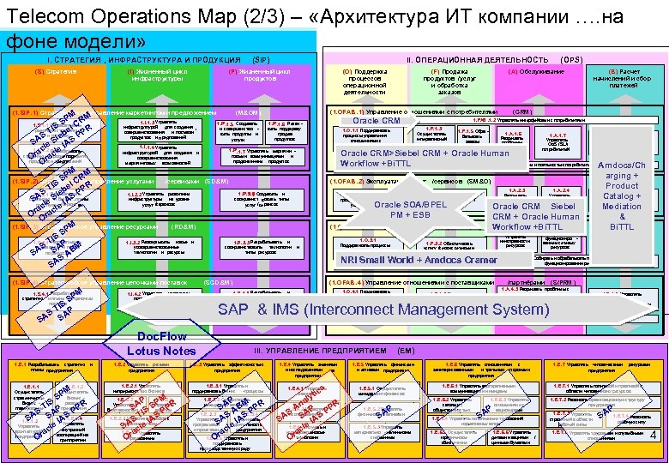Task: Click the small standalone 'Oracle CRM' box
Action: pyautogui.click(x=377, y=121)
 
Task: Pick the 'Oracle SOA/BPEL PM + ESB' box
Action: pyautogui.click(x=411, y=210)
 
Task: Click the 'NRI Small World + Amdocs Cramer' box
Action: pyautogui.click(x=419, y=260)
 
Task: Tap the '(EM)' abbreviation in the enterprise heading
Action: pyautogui.click(x=407, y=351)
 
